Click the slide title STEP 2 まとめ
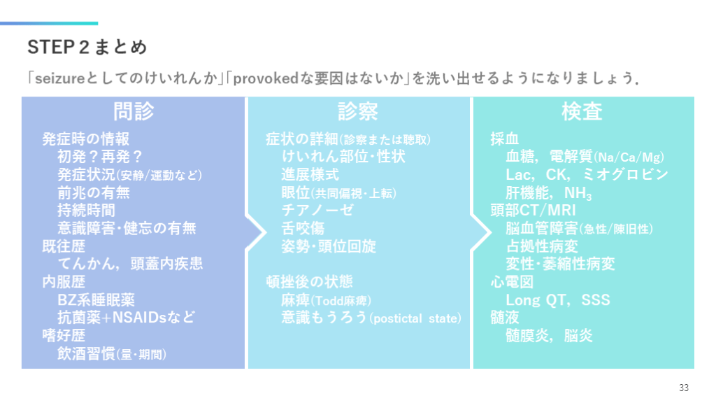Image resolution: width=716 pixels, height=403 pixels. (87, 47)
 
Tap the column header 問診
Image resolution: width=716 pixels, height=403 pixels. (134, 111)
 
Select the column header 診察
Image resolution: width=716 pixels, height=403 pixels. (358, 111)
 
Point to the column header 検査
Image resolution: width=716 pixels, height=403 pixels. (582, 111)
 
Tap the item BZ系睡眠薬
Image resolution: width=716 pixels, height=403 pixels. (96, 300)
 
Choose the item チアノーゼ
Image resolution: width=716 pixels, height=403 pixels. (317, 210)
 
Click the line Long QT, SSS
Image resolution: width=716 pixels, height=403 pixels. (557, 300)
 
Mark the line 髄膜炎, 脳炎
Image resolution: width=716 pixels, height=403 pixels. (549, 336)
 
